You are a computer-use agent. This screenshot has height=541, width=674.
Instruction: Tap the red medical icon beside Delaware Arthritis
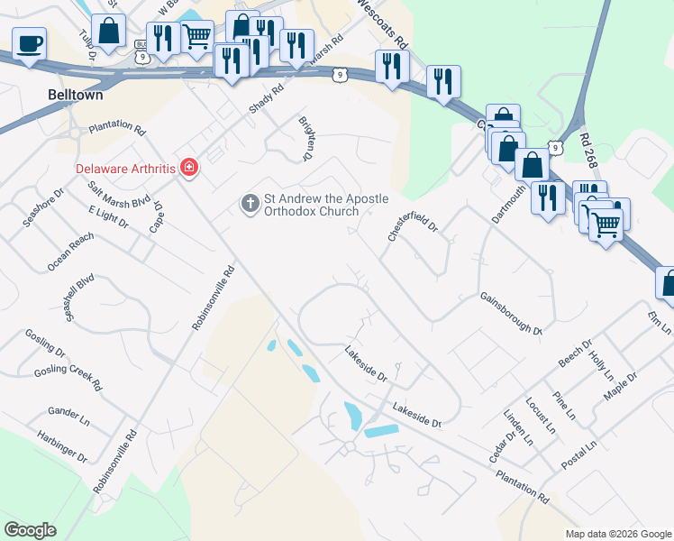coord(188,168)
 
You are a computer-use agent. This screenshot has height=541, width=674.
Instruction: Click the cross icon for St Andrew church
coord(250,204)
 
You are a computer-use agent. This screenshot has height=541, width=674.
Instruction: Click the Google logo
coord(30,530)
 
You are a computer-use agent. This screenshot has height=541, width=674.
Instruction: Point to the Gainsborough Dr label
coord(510,312)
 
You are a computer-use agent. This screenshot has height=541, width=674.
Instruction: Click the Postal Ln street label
coord(579,459)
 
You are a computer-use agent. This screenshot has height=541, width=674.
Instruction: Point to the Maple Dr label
coord(620,388)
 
